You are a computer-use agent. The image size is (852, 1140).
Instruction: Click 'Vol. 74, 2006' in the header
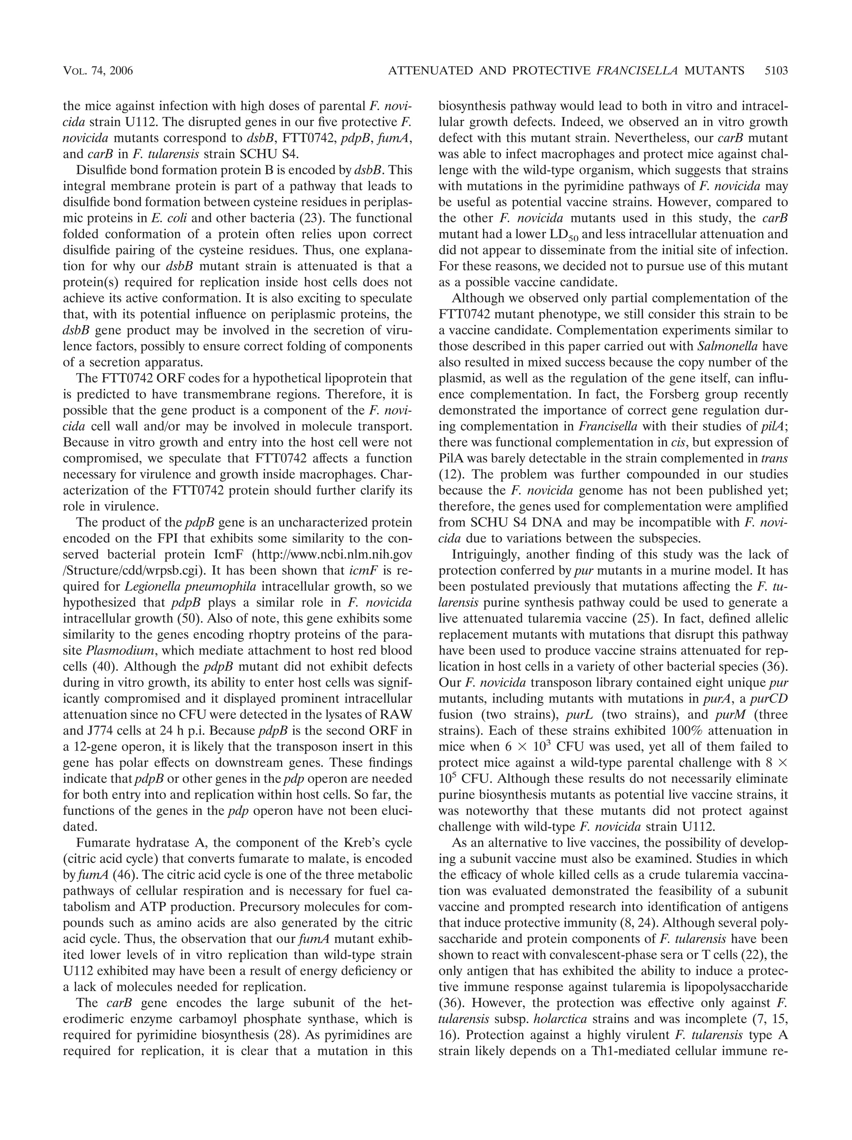(98, 71)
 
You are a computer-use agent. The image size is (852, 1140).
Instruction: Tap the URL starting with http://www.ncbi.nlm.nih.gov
(341, 554)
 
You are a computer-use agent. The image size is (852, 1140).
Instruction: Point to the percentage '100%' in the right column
(689, 731)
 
